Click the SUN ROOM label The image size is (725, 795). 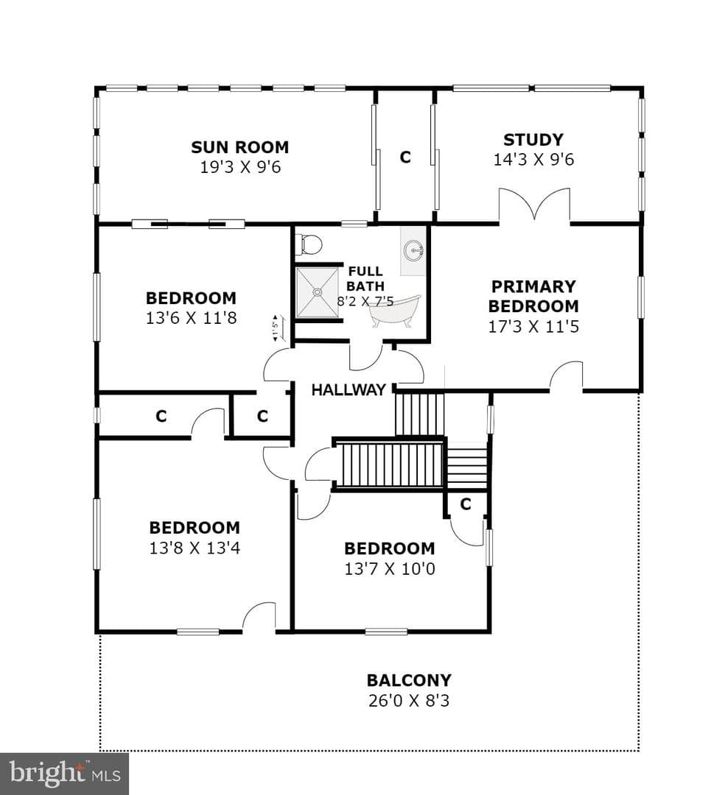240,147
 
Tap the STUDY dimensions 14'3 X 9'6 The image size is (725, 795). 533,159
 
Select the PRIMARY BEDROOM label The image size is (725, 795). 533,296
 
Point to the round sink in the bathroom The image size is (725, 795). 414,250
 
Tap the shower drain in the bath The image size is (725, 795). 317,292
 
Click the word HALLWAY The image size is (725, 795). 349,389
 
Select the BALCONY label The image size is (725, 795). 409,680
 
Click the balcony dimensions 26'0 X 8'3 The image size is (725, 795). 409,700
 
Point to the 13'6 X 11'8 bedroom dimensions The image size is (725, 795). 192,318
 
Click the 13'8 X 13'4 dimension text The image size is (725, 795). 195,548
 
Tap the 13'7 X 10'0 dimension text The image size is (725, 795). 390,568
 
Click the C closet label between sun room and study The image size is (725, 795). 404,158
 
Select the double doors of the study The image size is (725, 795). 535,205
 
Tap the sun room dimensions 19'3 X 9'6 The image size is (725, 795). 240,167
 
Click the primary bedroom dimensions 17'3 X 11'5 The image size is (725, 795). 533,326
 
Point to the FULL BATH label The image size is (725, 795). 365,278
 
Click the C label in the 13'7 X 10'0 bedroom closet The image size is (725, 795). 466,504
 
